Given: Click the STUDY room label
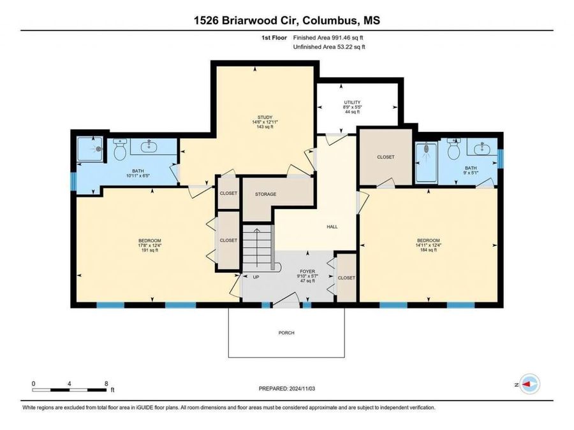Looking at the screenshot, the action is coord(265,117).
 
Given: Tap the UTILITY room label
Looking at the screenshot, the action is coord(352,103).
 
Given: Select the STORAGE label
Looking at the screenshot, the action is coord(266,194).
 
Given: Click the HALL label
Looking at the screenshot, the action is coord(332,227).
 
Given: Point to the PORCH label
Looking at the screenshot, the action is coord(286,333).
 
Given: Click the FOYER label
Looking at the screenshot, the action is coord(307,271).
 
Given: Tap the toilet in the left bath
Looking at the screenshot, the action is coord(120,150).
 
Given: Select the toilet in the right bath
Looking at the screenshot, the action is coord(454,149).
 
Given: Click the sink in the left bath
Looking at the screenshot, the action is coord(149,147).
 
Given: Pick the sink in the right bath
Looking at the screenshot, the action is coord(482,149).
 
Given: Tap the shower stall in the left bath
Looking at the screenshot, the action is coord(90,149).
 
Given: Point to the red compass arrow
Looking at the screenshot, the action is coord(526,384).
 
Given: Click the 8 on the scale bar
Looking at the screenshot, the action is coord(107,383).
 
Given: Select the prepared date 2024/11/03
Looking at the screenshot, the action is coord(302,389).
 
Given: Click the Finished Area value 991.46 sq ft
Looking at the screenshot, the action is coord(348,38).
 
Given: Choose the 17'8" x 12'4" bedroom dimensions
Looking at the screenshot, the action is coord(150,246).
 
